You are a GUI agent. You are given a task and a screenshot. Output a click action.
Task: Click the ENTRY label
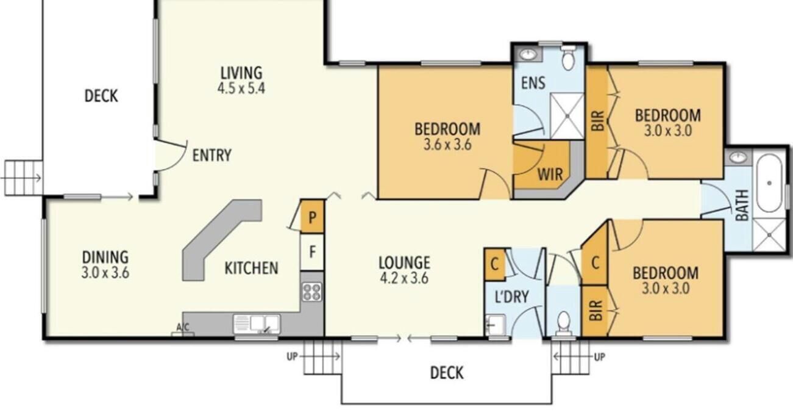click(x=212, y=155)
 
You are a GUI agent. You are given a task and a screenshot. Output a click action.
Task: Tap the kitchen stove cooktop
click(x=312, y=292)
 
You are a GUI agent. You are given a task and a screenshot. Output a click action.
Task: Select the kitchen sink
click(x=257, y=323)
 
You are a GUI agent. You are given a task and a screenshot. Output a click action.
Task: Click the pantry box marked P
click(x=312, y=217)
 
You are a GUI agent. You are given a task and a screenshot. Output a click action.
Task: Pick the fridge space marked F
click(x=312, y=252)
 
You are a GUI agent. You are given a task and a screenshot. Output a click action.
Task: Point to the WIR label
click(x=550, y=175)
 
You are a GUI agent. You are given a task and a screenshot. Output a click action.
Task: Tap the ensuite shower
click(x=567, y=116)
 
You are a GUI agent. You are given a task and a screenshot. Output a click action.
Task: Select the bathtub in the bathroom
click(x=769, y=183)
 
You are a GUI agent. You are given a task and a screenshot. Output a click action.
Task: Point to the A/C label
click(x=183, y=327)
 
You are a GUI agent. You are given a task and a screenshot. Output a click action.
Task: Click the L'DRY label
click(x=511, y=297)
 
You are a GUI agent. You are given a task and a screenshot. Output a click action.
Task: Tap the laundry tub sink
click(x=495, y=325)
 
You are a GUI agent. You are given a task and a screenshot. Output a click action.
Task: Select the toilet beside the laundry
click(x=564, y=323)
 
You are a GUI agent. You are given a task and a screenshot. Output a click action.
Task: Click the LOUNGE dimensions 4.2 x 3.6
click(x=404, y=278)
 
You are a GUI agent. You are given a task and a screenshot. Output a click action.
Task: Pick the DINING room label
click(x=105, y=257)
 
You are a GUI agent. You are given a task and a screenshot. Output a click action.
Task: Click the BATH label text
click(x=742, y=205)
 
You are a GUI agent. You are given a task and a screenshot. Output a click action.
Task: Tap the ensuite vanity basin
click(x=528, y=54)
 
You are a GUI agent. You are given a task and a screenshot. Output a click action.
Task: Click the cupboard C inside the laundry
click(x=495, y=264)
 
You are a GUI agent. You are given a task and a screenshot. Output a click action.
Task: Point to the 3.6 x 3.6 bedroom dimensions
click(x=447, y=145)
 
